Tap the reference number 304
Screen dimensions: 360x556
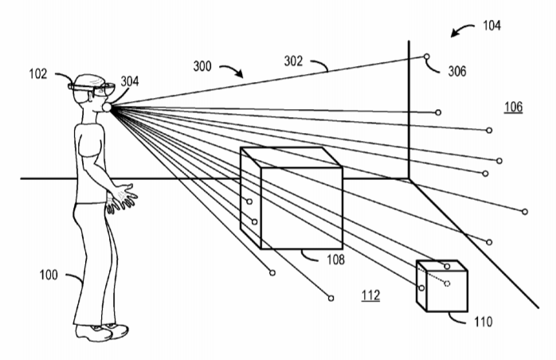[129, 82]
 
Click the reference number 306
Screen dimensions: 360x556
[457, 72]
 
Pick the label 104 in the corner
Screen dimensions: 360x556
[491, 25]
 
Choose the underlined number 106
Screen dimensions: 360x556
[514, 107]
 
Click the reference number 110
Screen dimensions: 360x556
[482, 322]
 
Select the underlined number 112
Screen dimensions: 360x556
[370, 295]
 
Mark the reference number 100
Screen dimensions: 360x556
[49, 275]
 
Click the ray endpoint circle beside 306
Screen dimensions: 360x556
[428, 57]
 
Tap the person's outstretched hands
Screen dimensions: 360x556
[123, 197]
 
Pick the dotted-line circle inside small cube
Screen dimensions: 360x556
[447, 283]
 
